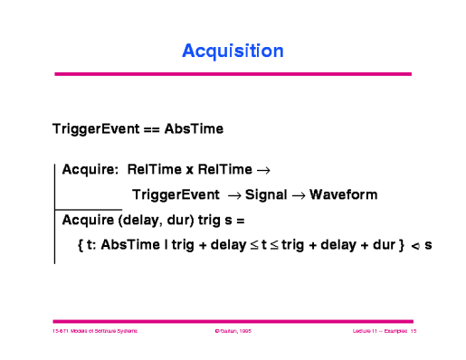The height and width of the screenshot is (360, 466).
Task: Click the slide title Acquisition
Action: coord(233,51)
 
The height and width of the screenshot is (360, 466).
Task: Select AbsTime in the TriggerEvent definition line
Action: coord(193,129)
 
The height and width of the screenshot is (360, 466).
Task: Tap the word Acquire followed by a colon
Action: coord(90,168)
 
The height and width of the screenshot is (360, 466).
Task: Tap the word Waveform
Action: coord(343,194)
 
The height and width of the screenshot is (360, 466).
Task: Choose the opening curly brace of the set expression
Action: coord(82,245)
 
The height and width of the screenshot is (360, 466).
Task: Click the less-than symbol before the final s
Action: coord(414,246)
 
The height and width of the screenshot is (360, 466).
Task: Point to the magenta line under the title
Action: coord(233,73)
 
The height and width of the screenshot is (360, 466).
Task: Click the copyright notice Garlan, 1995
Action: coord(232,332)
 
